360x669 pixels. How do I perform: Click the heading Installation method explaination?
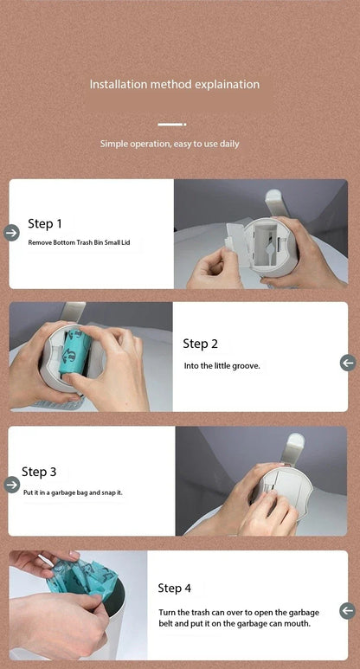click(175, 84)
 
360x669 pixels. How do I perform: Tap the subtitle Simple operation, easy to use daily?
click(170, 144)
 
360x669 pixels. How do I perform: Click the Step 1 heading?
click(45, 223)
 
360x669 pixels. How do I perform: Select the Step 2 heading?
click(200, 344)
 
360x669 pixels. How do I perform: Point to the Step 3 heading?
click(39, 472)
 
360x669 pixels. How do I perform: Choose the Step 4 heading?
click(175, 588)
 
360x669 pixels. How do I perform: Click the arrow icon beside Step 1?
click(11, 233)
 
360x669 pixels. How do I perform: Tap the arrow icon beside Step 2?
click(348, 363)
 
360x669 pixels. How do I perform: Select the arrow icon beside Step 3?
click(11, 485)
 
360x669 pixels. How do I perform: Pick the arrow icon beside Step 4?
click(348, 610)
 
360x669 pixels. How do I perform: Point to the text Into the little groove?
click(222, 365)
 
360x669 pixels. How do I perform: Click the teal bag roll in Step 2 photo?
click(74, 352)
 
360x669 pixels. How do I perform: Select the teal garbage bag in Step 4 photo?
click(81, 576)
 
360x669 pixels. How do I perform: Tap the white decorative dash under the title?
click(172, 125)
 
